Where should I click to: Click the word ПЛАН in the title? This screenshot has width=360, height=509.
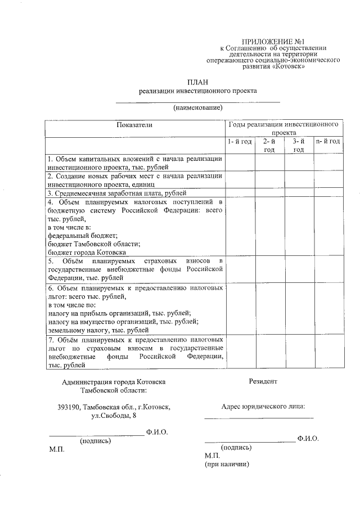[198, 82]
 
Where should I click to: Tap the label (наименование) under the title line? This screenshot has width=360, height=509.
[198, 107]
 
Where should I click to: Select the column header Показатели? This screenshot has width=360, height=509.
[134, 124]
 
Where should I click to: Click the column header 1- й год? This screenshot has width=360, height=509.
[240, 141]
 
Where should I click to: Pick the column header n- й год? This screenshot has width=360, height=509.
[328, 141]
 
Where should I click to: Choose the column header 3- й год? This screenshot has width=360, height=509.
[299, 145]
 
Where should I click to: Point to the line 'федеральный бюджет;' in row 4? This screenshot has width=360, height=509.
[83, 236]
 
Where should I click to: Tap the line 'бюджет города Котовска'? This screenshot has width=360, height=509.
[86, 253]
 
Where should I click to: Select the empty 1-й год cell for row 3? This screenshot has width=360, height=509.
[240, 193]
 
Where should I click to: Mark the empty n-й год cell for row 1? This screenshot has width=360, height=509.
[328, 163]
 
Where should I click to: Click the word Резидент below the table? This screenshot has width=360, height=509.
[263, 381]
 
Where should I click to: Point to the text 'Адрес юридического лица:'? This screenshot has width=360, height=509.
[264, 406]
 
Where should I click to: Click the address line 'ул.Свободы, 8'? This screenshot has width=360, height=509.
[114, 416]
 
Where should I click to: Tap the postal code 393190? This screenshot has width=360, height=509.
[68, 407]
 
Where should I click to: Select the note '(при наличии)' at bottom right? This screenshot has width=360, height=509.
[226, 465]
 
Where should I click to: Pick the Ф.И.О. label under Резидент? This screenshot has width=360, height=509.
[308, 438]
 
